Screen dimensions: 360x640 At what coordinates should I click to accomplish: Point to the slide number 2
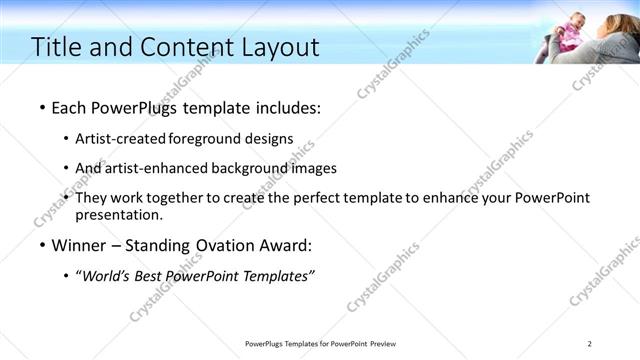click(589, 344)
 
